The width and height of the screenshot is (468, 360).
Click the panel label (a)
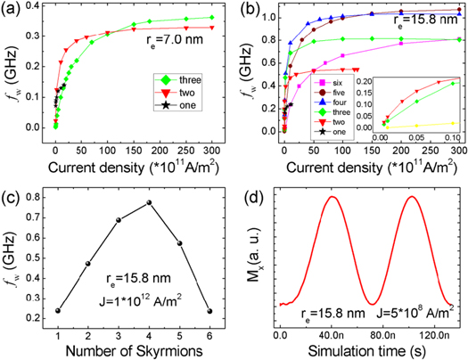tap(12, 11)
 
